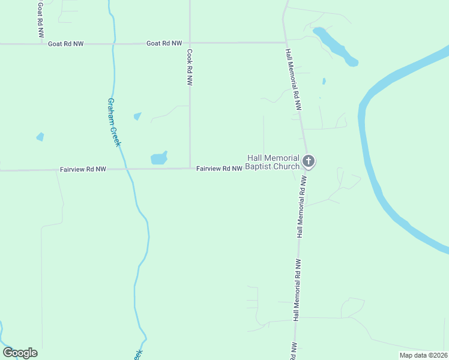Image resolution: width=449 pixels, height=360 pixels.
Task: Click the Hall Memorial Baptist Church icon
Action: pyautogui.click(x=309, y=161)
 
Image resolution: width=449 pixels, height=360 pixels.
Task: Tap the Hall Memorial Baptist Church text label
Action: pyautogui.click(x=273, y=162)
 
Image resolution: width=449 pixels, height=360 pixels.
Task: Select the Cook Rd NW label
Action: pyautogui.click(x=190, y=67)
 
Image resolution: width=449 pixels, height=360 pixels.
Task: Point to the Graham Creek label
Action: pyautogui.click(x=115, y=122)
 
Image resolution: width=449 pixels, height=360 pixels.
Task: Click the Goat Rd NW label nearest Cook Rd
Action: pyautogui.click(x=164, y=43)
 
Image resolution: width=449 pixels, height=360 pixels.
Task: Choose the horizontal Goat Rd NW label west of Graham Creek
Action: pyautogui.click(x=65, y=44)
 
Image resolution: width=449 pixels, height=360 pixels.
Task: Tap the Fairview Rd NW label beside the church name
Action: pyautogui.click(x=219, y=169)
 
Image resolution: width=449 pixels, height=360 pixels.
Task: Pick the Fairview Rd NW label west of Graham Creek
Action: pyautogui.click(x=83, y=170)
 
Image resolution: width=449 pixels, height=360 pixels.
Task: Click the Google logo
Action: pyautogui.click(x=20, y=353)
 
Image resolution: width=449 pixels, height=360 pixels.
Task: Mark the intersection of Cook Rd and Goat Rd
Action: pyautogui.click(x=190, y=43)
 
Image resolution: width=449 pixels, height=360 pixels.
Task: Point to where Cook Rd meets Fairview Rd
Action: pyautogui.click(x=190, y=169)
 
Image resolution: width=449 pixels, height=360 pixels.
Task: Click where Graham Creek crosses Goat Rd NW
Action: pyautogui.click(x=113, y=43)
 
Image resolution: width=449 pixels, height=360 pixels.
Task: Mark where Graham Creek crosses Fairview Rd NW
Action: pyautogui.click(x=127, y=169)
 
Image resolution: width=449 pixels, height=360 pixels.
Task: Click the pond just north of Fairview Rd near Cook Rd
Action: pyautogui.click(x=159, y=158)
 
